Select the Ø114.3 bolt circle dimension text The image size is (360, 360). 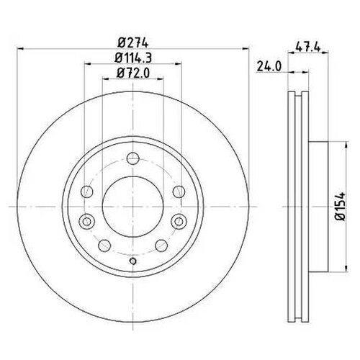(x=133, y=58)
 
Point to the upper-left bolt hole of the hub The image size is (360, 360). (x=87, y=191)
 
